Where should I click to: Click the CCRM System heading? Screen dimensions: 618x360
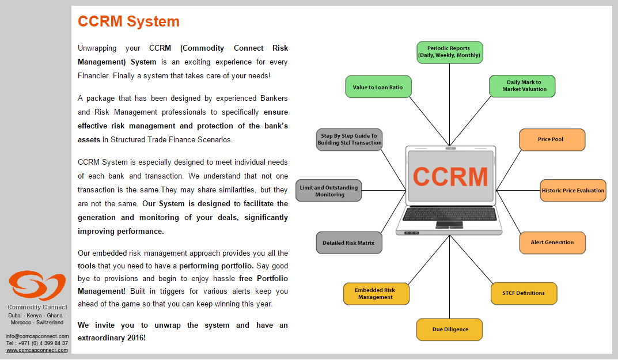pos(128,21)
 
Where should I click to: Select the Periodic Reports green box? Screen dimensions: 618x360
pos(450,52)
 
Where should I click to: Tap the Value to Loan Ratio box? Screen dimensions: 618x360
pos(378,87)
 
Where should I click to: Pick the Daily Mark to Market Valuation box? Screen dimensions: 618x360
pos(522,86)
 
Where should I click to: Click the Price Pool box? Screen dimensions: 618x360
pos(552,139)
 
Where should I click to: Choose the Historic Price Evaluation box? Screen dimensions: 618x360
pos(573,191)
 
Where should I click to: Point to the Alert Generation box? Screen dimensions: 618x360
pos(552,243)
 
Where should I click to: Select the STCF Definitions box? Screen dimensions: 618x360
pos(524,293)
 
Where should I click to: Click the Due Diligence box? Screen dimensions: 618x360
pos(450,329)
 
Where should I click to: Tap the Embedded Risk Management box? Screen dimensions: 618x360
pos(377,294)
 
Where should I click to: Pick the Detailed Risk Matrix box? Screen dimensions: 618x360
pos(349,243)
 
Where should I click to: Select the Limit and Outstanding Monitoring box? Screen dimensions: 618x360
pos(329,191)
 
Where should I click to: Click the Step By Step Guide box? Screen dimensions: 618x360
pos(349,139)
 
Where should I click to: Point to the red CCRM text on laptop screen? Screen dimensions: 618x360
pos(450,177)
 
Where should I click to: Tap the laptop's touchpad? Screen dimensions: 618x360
pos(449,225)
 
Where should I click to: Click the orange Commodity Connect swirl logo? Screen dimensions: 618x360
pos(37,285)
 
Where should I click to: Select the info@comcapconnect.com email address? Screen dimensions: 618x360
pos(37,336)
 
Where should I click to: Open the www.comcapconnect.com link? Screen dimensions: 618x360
pos(37,350)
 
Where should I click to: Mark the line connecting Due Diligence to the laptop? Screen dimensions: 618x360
pos(450,277)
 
